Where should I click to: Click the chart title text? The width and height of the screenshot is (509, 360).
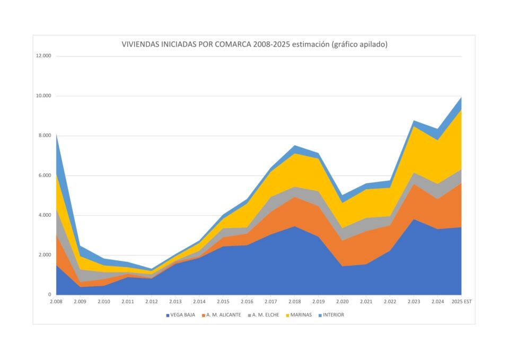coord(254,45)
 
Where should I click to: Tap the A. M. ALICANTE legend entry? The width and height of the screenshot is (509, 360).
coord(222,315)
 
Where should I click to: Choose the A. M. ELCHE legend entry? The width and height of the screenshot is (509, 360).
coord(265,315)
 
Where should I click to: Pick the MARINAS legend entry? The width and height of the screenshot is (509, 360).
coord(300,315)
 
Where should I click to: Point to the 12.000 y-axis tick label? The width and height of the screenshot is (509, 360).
coord(43,56)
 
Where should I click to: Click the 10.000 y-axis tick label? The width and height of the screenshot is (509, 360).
coord(43,96)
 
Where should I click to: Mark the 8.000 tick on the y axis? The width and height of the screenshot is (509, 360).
coord(45,136)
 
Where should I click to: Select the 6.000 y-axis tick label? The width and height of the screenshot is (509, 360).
coord(45,175)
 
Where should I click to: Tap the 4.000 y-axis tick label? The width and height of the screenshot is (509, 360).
coord(45,215)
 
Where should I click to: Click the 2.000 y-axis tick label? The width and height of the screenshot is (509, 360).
coord(45,255)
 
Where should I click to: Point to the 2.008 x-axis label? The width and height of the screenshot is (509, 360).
coord(56,302)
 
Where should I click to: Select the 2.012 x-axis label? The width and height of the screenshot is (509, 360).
coord(152,302)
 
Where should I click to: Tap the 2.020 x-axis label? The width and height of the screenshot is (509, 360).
coord(342,302)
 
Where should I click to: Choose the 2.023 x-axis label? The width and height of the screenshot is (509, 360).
coord(414,302)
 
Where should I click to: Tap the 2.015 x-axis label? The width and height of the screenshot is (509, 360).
coord(223,302)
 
